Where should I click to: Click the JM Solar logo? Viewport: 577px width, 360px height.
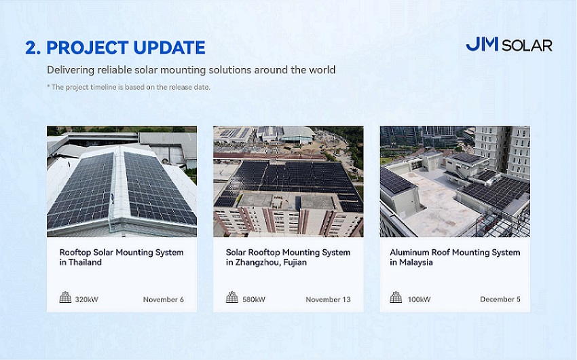pos(509,45)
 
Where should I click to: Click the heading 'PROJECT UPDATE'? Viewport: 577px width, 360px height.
pos(126,48)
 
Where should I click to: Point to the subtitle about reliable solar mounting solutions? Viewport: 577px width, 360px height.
pos(191,70)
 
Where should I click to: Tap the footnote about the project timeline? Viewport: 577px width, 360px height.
pos(128,87)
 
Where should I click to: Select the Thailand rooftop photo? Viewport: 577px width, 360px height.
pos(122,181)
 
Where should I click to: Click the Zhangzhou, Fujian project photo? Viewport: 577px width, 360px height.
pos(288,181)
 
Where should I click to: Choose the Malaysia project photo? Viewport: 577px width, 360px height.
pos(455,181)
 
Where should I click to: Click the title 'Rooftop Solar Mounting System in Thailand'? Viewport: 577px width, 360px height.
pos(122,257)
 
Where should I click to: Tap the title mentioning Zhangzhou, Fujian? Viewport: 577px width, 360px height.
pos(288,257)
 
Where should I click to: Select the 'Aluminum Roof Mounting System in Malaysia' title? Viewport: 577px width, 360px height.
pos(455,257)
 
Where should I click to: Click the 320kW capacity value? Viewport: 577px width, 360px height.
pos(87,300)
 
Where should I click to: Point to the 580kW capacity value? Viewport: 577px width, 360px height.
pos(254,300)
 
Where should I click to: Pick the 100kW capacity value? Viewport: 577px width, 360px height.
pos(419,300)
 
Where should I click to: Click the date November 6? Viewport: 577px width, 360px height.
pos(164,300)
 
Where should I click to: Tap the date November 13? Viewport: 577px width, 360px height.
pos(329,300)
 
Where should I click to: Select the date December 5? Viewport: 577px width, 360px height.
pos(500,300)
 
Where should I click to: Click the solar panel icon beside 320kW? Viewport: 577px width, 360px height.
pos(65,297)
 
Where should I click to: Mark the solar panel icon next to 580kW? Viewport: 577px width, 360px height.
pos(232,297)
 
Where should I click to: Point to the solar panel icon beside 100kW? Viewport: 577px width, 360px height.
pos(396,297)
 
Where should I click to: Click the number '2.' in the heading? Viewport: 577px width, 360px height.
pos(33,48)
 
